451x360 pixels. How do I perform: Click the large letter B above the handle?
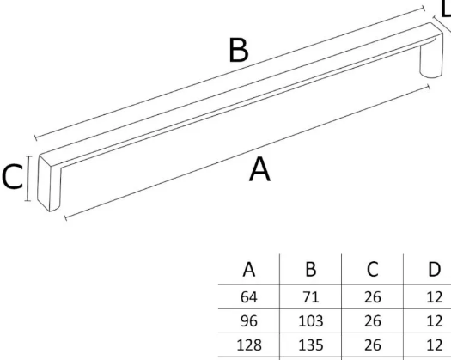239,50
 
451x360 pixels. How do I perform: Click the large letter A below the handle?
259,169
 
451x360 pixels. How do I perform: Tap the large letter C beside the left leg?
12,176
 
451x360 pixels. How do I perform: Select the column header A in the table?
249,270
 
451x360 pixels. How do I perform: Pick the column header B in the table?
311,270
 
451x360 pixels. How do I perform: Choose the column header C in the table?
373,270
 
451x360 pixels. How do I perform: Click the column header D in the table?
435,270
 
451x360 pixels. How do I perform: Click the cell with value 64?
249,297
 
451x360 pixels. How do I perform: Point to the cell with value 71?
311,297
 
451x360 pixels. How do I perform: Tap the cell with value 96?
249,320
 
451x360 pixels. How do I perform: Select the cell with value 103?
311,320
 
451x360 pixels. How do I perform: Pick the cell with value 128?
249,345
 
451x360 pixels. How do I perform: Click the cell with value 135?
311,345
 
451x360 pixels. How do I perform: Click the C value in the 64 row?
373,297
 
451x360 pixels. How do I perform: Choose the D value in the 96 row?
435,320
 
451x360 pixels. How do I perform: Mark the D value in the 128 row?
435,345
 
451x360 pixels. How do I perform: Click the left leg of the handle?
49,184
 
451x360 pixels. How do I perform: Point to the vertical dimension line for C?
27,179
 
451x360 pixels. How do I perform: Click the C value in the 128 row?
373,345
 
